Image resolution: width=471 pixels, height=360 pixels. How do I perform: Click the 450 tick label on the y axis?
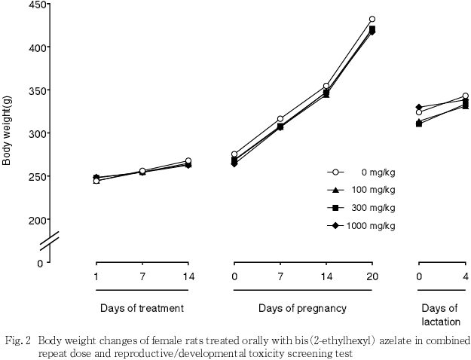(x=35, y=5)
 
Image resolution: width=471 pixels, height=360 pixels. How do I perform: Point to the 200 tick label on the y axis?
(x=35, y=220)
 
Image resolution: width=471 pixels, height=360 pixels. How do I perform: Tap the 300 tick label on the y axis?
(x=35, y=134)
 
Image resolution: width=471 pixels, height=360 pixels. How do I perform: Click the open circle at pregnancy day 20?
(x=372, y=20)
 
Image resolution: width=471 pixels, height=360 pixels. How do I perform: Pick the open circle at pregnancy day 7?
(x=280, y=119)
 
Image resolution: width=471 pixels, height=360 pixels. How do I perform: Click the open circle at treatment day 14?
(x=188, y=161)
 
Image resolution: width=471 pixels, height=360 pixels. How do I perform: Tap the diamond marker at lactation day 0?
(x=419, y=108)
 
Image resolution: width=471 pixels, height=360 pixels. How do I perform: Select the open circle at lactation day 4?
(x=466, y=96)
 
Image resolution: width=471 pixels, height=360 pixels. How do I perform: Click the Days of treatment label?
(x=142, y=308)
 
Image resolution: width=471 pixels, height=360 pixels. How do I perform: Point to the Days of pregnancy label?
(x=302, y=308)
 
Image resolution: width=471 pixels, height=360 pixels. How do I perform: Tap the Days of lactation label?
(x=439, y=315)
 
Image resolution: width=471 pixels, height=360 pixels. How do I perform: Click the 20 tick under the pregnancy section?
(x=372, y=278)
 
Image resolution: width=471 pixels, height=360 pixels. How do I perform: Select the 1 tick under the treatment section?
(x=96, y=278)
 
